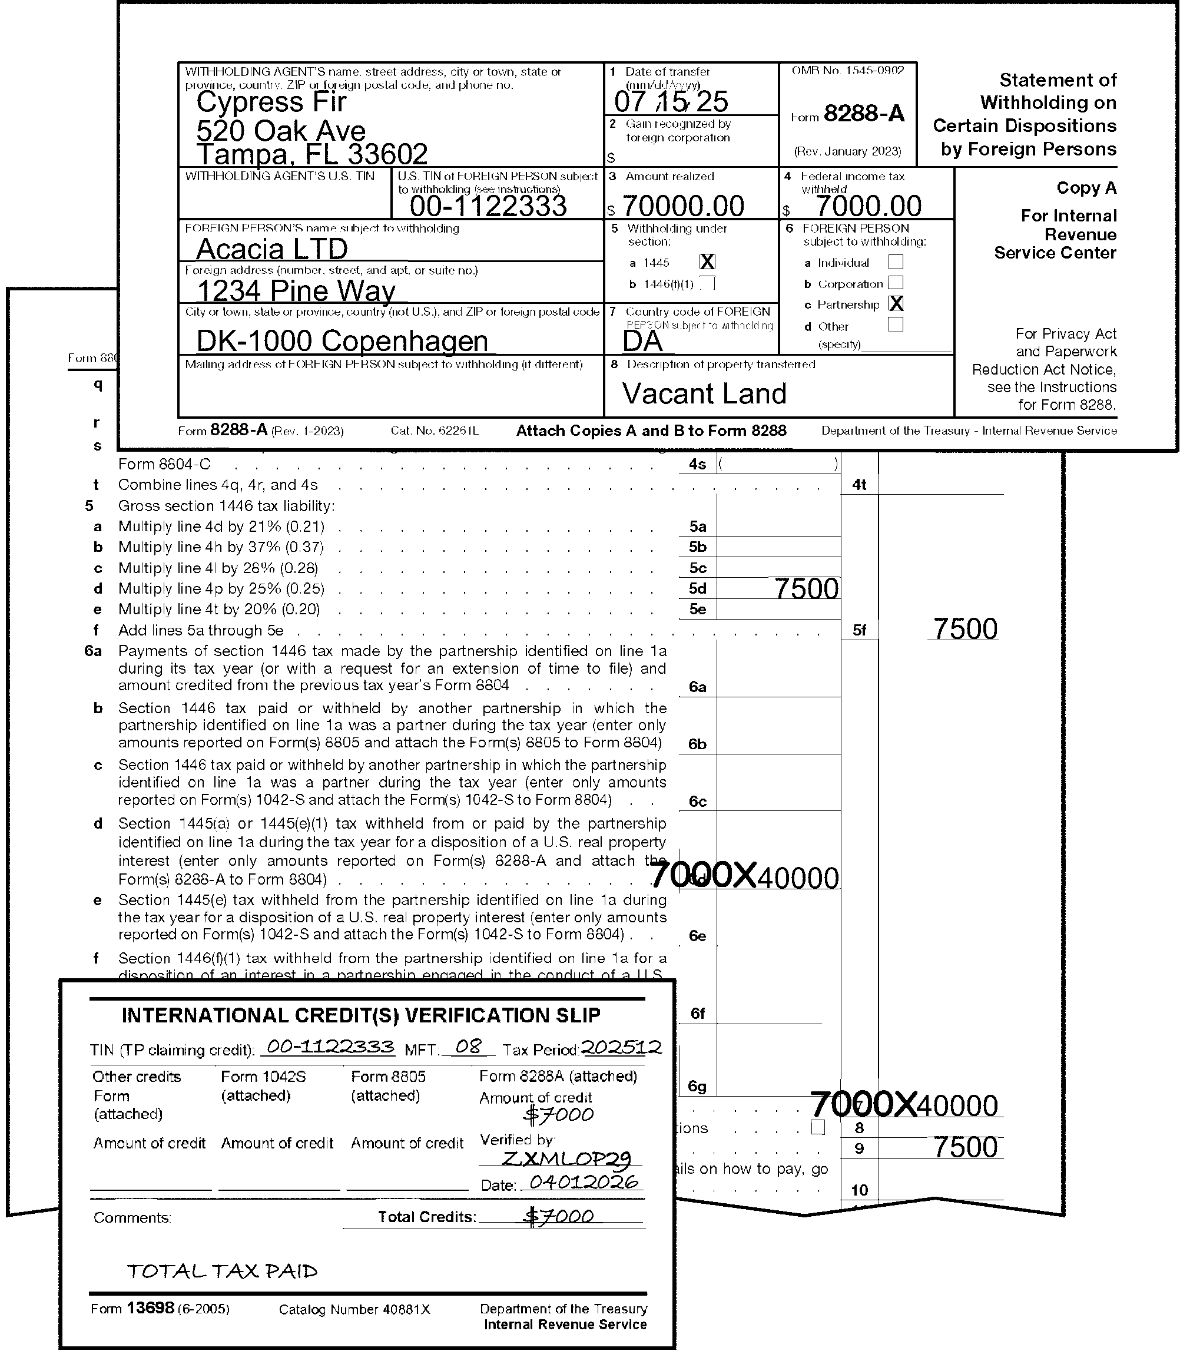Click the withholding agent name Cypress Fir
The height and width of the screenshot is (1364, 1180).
271,102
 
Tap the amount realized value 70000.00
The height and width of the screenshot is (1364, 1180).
683,206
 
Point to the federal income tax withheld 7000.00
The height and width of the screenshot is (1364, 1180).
869,206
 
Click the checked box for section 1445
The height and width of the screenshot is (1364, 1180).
707,262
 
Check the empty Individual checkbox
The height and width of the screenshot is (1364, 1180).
896,262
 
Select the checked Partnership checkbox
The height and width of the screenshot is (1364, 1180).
896,304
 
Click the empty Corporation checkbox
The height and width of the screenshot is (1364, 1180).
896,283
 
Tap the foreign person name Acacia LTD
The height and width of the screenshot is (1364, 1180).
272,249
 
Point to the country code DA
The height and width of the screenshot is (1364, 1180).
642,341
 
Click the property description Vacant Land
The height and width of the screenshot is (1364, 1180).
704,394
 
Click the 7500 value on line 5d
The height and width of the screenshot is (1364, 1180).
807,589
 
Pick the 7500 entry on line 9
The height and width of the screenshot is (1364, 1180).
965,1147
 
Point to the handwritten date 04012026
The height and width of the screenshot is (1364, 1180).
584,1182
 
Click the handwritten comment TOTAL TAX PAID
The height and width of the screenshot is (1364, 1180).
222,1271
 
